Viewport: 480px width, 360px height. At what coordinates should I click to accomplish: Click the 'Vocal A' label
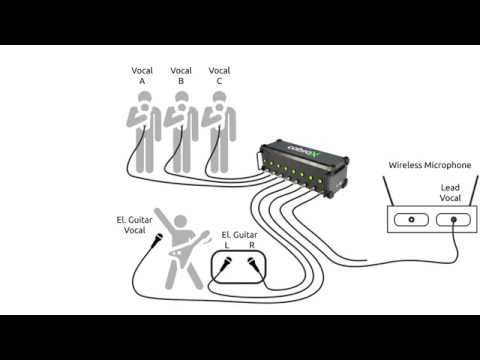tap(143, 76)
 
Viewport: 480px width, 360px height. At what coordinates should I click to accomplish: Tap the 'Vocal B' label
tap(181, 76)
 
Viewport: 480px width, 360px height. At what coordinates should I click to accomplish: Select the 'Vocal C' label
tap(219, 76)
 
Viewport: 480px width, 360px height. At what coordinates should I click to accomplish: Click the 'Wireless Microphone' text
tap(429, 165)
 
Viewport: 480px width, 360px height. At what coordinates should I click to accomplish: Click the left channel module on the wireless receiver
tap(410, 219)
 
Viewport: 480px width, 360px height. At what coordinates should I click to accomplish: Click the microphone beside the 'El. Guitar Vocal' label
tap(157, 240)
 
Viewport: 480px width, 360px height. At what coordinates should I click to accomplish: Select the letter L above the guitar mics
tap(227, 246)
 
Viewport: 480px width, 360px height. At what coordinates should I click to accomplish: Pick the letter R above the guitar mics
tap(252, 246)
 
